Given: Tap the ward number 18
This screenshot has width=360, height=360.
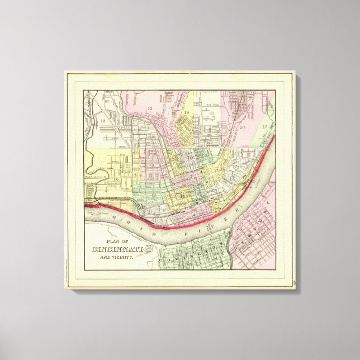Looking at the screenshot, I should click(x=102, y=120).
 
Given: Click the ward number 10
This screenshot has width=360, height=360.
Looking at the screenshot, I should click(x=191, y=158).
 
